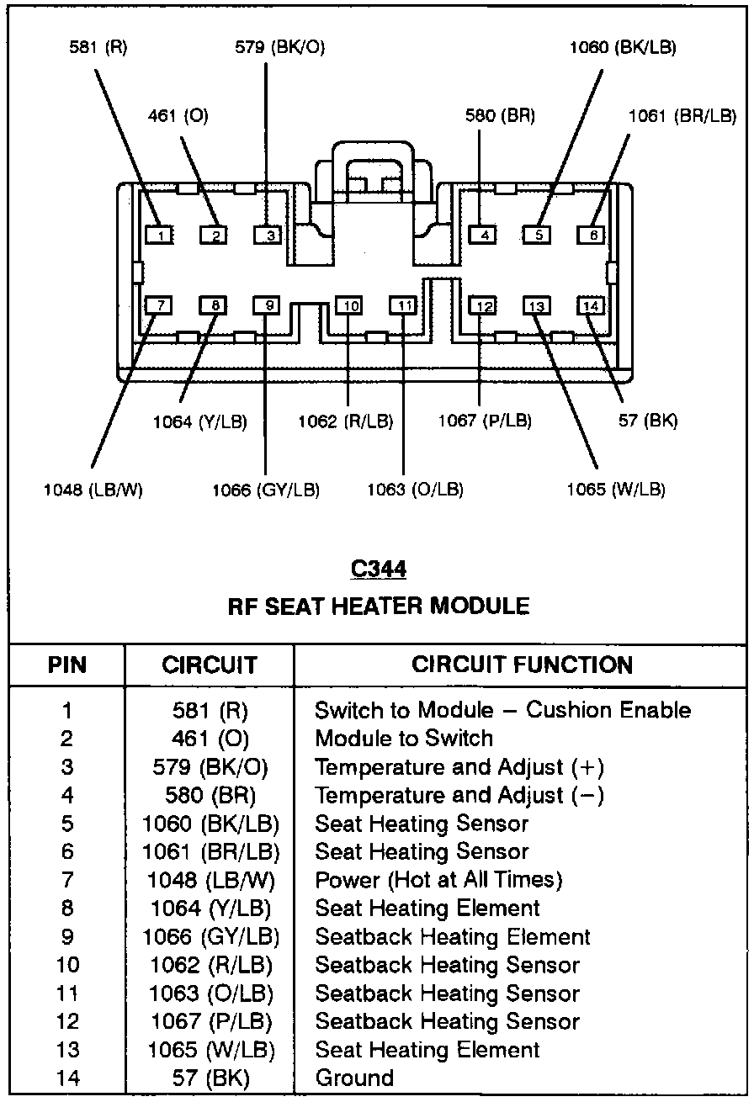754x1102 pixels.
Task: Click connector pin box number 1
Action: pos(159,236)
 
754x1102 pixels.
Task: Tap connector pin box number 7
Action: pos(159,305)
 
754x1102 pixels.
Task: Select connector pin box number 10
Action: pos(348,305)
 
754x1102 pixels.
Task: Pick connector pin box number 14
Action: pos(591,305)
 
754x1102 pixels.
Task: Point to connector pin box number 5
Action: pos(537,236)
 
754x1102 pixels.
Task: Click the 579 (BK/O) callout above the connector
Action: pos(279,48)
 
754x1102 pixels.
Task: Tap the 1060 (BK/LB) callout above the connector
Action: pos(622,48)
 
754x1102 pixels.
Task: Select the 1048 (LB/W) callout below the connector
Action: pos(93,490)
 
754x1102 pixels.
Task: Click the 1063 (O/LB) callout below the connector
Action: pos(415,490)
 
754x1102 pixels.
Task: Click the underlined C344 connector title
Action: pos(378,570)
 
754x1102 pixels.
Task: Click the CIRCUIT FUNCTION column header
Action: pos(522,665)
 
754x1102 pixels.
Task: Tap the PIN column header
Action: pos(66,665)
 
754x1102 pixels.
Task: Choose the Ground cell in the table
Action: pos(354,1078)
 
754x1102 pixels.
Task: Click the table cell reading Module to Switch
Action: pos(404,739)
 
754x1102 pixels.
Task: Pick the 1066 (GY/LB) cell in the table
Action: pos(211,936)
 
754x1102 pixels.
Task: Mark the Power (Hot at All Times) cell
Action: pos(438,880)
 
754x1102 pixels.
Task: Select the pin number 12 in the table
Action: pos(66,1021)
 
